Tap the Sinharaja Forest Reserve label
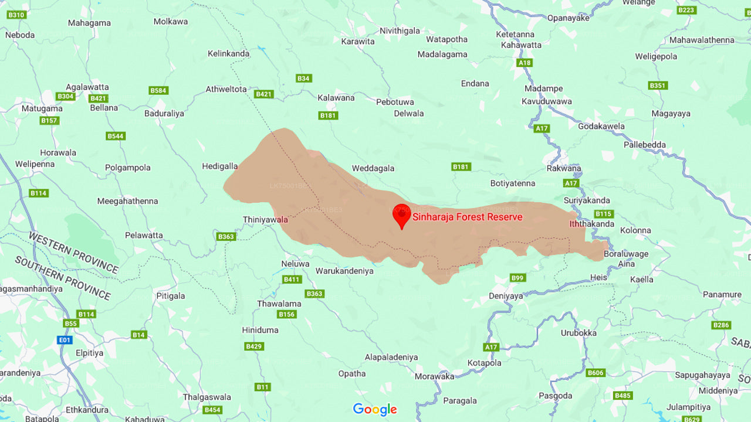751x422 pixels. [x=467, y=217]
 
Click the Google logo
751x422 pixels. [x=375, y=409]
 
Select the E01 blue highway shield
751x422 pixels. [x=64, y=340]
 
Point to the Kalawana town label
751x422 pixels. [x=336, y=98]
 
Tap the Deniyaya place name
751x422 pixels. [x=506, y=296]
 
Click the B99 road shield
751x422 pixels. [x=517, y=278]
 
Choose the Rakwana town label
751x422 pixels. [x=564, y=169]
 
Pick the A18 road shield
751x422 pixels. [x=524, y=63]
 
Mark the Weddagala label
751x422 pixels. [x=373, y=168]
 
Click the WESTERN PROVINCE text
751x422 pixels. [x=73, y=253]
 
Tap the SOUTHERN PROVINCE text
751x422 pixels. [x=63, y=278]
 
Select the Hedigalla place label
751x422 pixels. [x=220, y=166]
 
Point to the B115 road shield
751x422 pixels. [x=603, y=214]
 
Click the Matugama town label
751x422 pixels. [x=42, y=108]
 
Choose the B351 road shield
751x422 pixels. [x=658, y=86]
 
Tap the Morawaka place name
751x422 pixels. [x=434, y=376]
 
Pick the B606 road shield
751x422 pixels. [x=596, y=373]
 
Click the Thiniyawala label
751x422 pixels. [x=265, y=220]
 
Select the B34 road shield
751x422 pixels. [x=303, y=79]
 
